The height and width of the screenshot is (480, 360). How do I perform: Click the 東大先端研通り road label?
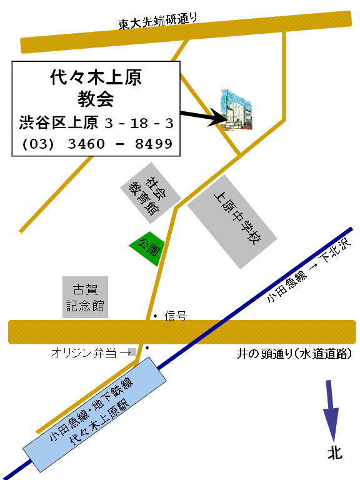(x=157, y=21)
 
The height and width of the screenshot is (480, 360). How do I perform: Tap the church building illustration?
(x=237, y=109)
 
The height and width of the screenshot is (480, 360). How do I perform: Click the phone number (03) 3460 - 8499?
(x=97, y=144)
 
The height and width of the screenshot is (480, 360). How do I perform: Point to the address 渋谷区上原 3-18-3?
(x=96, y=122)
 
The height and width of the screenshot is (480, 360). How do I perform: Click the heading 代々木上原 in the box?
(x=96, y=77)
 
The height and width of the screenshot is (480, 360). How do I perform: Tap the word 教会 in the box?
(x=96, y=99)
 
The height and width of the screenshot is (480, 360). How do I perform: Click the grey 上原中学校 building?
(x=232, y=222)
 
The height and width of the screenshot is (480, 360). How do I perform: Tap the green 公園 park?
(x=147, y=249)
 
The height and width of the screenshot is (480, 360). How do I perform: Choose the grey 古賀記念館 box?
(x=85, y=297)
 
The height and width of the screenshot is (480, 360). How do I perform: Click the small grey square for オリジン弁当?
(x=132, y=352)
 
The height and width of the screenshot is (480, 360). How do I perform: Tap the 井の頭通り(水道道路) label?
(x=294, y=354)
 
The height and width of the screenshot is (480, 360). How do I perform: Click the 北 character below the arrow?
(x=335, y=452)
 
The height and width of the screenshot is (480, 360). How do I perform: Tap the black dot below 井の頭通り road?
(x=147, y=347)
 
